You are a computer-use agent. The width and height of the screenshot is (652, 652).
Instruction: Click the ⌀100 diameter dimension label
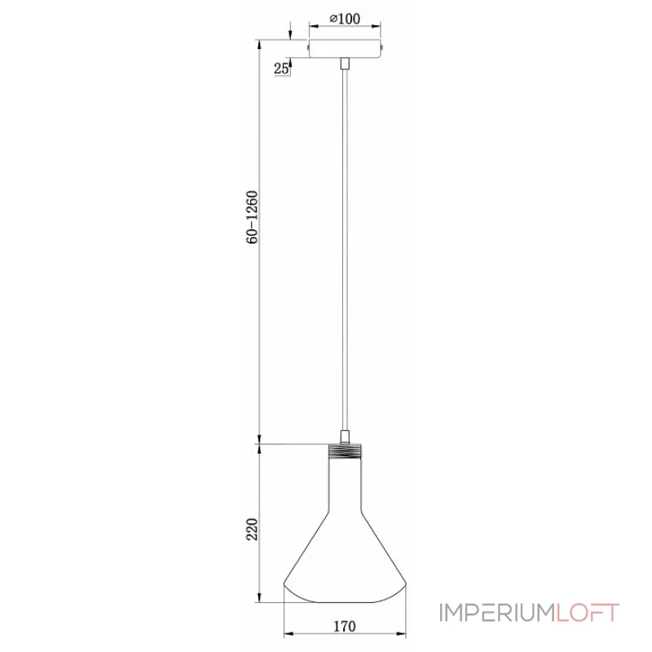(345, 19)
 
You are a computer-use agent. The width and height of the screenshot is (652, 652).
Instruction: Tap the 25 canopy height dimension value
(280, 68)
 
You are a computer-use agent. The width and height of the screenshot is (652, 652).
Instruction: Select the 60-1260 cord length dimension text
(253, 217)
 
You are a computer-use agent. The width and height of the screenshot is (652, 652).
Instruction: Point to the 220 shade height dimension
(253, 529)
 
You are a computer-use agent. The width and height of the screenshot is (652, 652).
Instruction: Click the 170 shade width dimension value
(345, 626)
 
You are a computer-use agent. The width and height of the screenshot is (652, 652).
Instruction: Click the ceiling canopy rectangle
(345, 49)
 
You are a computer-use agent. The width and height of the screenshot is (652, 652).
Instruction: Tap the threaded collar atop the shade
(345, 451)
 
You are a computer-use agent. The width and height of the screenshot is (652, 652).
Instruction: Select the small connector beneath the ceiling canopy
(345, 64)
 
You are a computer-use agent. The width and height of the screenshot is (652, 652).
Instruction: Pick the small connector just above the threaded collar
(345, 438)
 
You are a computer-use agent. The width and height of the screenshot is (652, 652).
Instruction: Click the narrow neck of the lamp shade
(345, 484)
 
